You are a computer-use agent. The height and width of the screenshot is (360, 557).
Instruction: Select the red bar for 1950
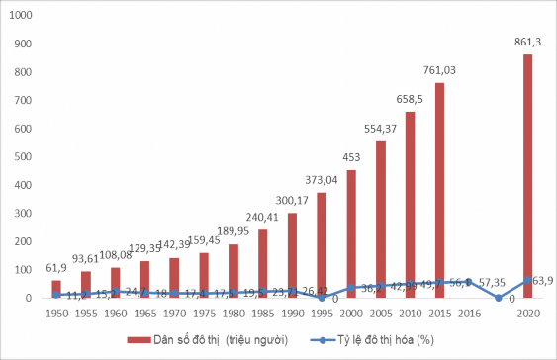tap(56, 288)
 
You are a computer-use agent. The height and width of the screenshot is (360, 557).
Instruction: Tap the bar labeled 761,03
tap(439, 190)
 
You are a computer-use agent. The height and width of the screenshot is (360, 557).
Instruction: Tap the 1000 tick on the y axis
tap(22, 16)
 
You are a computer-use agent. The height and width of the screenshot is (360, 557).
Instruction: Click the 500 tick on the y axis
tap(25, 156)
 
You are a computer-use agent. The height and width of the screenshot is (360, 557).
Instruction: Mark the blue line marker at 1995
tap(323, 298)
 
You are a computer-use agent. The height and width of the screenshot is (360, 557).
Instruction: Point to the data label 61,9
tap(56, 268)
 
